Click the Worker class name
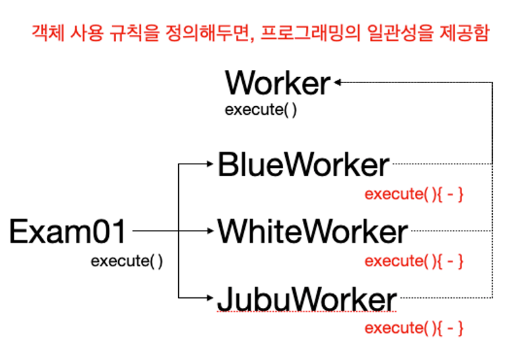click(x=278, y=83)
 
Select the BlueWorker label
click(x=303, y=164)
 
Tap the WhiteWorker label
click(x=313, y=231)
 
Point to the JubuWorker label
click(x=307, y=299)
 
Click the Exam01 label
click(x=67, y=231)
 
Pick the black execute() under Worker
click(x=261, y=110)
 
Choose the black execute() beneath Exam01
click(x=127, y=261)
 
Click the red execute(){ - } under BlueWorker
click(x=414, y=195)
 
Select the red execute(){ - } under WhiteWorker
click(x=414, y=261)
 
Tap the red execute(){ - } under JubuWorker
click(x=414, y=328)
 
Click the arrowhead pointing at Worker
click(x=338, y=82)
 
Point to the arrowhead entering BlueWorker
click(x=210, y=164)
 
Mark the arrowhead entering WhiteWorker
click(x=210, y=231)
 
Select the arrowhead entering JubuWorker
click(x=210, y=297)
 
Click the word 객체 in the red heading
click(x=48, y=33)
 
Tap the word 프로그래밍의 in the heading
click(x=311, y=33)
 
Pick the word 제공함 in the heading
click(x=464, y=33)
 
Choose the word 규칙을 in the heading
click(x=134, y=33)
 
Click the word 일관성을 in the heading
click(x=400, y=33)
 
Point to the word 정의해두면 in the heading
click(x=209, y=34)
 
